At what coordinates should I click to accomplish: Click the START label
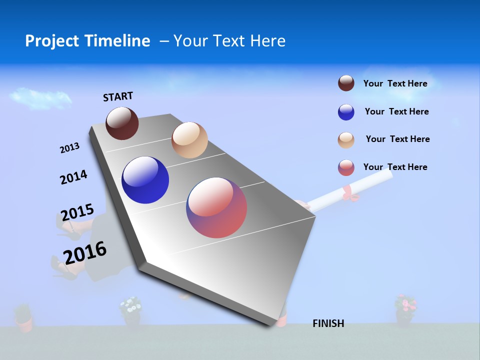coord(118,96)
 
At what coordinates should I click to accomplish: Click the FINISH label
coord(328,323)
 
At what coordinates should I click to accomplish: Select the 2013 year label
coord(69,148)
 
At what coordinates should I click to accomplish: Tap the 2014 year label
coord(73,177)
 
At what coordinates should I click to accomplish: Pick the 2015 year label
coord(77,212)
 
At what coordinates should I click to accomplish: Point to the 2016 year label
coord(85,252)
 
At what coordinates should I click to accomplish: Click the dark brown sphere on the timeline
coord(122,123)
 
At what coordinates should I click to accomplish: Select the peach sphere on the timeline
coord(189,140)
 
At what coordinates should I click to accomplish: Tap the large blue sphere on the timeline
coord(145,180)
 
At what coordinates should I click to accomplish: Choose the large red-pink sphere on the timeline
coord(216,207)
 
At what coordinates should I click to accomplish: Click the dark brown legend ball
coord(346,83)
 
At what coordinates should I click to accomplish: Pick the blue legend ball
coord(346,112)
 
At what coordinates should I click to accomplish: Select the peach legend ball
coord(346,140)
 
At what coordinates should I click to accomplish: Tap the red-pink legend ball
coord(346,167)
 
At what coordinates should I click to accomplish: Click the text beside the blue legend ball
coord(396,111)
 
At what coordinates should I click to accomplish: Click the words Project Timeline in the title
coord(87,41)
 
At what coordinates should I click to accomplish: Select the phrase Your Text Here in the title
coord(229,41)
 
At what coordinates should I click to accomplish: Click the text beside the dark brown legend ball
coord(395,83)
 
